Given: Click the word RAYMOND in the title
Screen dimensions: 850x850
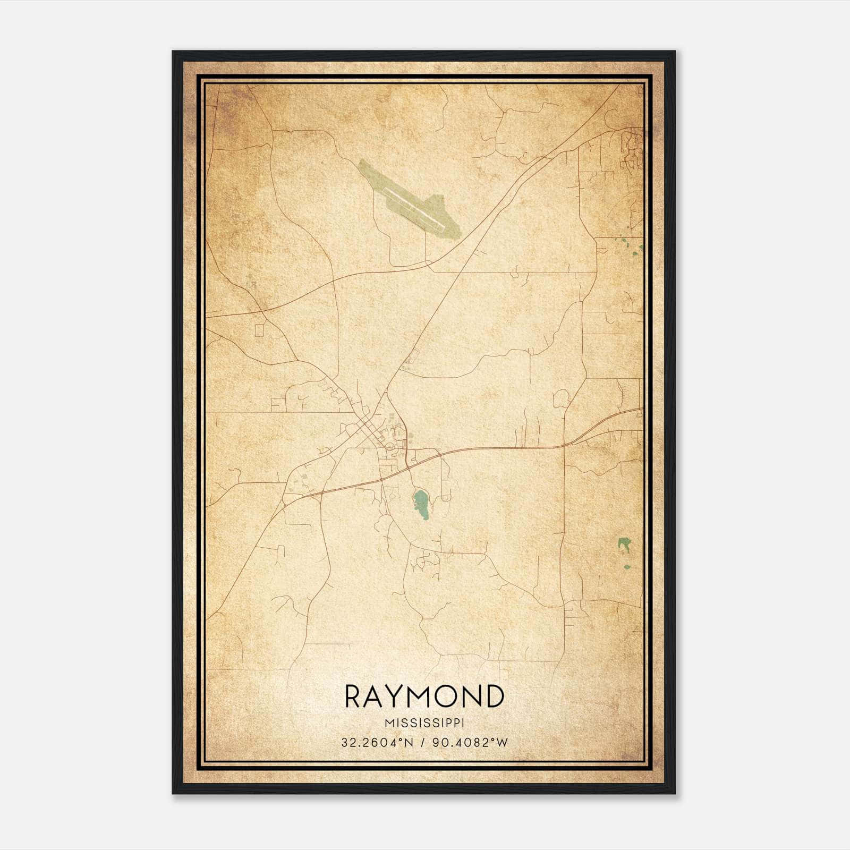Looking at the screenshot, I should coord(424,696).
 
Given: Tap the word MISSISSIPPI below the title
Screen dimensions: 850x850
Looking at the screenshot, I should coord(424,724).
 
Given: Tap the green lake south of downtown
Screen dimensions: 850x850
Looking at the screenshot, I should coord(422,504).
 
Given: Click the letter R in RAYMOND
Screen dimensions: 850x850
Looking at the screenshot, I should coord(354,696).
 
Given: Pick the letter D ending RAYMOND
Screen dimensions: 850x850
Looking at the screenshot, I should coord(494,696).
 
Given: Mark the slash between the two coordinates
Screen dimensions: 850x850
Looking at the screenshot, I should coord(422,743).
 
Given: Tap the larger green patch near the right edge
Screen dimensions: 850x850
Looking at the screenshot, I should coord(624,545).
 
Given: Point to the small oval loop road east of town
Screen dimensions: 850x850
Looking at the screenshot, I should coord(560,398).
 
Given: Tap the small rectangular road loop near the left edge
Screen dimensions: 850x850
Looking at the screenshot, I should coord(259,330).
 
